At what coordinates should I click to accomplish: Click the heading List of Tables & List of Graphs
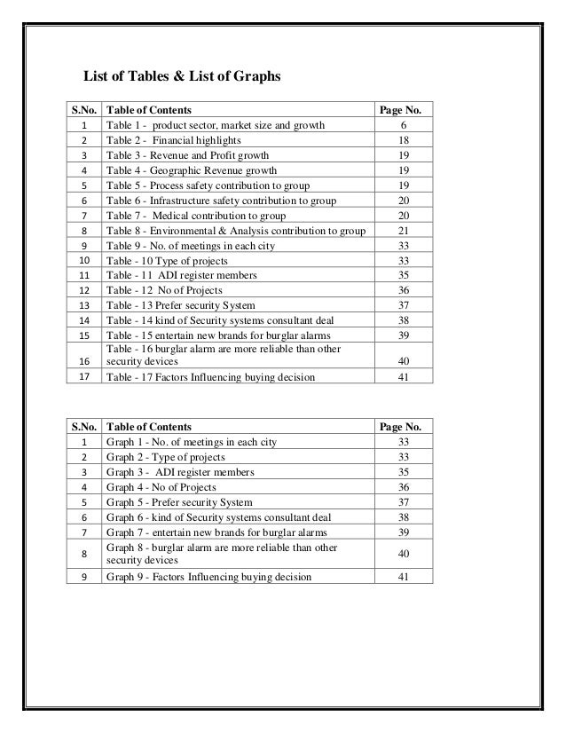coord(181,78)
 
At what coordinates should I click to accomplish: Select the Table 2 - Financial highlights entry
coord(173,140)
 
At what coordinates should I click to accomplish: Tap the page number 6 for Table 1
coord(405,125)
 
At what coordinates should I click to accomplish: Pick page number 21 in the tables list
coord(405,231)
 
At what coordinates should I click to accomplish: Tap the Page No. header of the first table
coord(405,110)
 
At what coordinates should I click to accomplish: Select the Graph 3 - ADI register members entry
coord(180,472)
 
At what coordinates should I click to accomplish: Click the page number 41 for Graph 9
coord(405,578)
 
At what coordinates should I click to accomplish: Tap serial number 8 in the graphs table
coord(83,555)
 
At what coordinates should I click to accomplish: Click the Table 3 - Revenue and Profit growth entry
coord(187,155)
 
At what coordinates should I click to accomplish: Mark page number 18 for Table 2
coord(405,140)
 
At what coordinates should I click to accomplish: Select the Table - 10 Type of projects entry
coord(168,261)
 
